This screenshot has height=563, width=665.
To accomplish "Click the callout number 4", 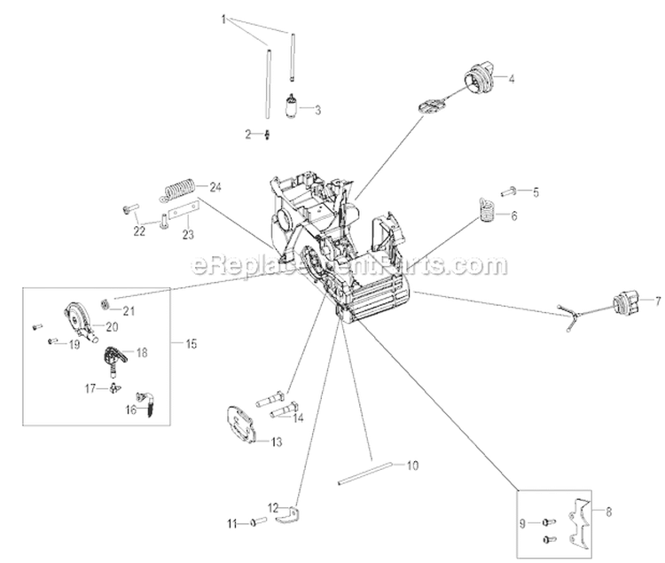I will click(511, 79).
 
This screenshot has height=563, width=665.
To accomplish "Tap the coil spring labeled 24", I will click(180, 190).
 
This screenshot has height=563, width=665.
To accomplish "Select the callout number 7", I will click(657, 301).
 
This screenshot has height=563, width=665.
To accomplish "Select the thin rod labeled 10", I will click(364, 473).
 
